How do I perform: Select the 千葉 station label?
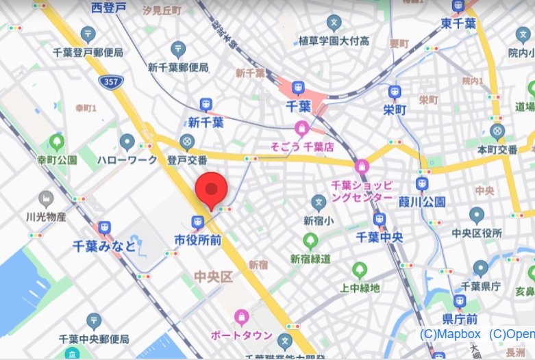click(x=299, y=106)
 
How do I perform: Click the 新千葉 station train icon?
click(x=206, y=105)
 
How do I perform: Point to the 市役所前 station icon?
click(x=197, y=222)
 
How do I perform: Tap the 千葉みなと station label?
click(x=104, y=246)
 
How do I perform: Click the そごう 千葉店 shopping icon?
click(x=301, y=127)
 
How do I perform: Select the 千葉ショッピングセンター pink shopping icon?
click(x=361, y=166)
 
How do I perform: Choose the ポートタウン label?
click(x=242, y=336)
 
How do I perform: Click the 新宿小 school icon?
click(x=319, y=202)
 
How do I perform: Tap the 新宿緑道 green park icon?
click(x=310, y=241)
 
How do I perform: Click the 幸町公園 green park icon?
click(x=57, y=142)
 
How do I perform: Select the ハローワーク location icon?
click(x=127, y=142)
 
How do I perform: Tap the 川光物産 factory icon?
click(x=46, y=199)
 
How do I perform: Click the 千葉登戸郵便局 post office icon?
click(x=88, y=34)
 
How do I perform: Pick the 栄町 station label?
click(x=395, y=109)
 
